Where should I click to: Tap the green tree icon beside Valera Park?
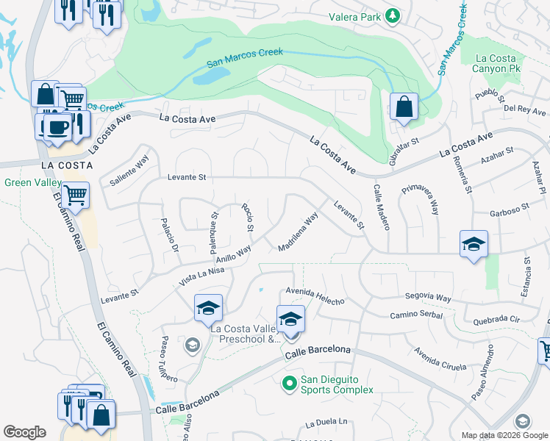point(393,15)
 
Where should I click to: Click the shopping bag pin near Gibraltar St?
point(404,107)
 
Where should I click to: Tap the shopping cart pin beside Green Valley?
point(76,196)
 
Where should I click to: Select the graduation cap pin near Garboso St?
point(474,244)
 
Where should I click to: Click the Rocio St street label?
point(248,218)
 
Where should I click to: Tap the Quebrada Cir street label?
point(497,320)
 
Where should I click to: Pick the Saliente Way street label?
point(129,170)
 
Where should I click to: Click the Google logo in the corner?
point(25,432)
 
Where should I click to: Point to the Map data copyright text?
point(504,435)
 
